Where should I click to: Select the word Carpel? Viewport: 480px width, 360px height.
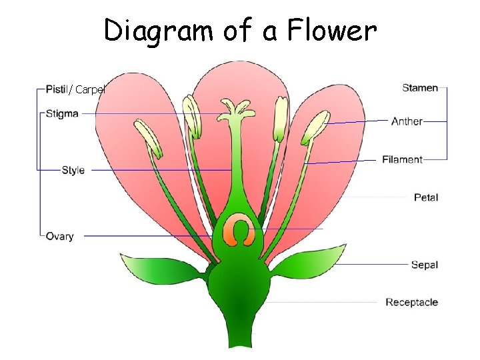[90, 89]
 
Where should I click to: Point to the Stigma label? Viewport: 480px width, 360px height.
[62, 113]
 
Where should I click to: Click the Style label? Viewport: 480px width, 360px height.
[73, 170]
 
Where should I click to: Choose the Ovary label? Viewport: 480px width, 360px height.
[59, 236]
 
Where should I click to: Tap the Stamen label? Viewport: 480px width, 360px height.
[420, 87]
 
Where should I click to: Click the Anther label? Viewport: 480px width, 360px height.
[407, 121]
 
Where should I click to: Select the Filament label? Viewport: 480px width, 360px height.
[403, 159]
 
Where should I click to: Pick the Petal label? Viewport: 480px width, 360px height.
[426, 197]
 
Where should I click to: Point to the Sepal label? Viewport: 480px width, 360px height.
[425, 265]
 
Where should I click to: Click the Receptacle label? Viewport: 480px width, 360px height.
[412, 302]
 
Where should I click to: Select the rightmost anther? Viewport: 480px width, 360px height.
[315, 127]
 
